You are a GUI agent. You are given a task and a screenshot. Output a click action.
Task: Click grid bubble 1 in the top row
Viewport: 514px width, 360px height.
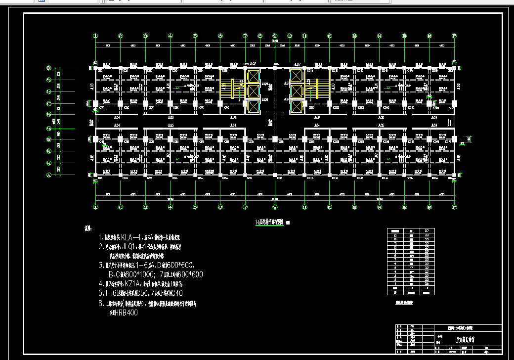click(95, 36)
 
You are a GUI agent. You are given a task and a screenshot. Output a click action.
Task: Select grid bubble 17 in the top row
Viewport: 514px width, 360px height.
click(454, 36)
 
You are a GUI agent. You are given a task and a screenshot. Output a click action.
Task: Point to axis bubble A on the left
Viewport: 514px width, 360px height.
click(48, 175)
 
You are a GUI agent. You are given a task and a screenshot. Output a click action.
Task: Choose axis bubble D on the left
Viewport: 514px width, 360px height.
click(48, 68)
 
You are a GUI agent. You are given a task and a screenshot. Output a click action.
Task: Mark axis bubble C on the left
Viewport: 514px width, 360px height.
click(48, 104)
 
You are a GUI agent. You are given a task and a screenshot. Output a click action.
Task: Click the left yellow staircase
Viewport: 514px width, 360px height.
click(228, 90)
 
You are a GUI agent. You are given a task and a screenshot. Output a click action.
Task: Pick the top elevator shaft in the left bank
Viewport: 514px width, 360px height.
click(253, 76)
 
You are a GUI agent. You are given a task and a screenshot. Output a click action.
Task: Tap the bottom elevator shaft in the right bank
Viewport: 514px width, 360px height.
click(297, 106)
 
